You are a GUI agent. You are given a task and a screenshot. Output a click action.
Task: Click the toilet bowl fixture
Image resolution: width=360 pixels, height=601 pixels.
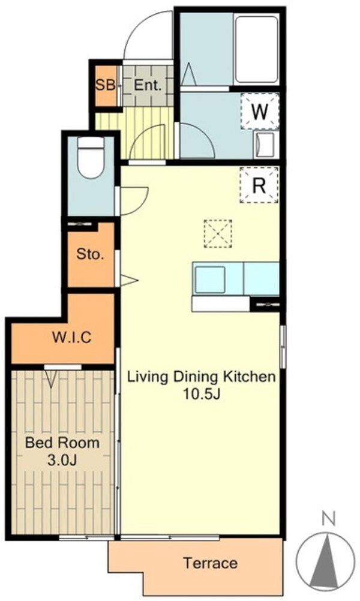coord(91,157)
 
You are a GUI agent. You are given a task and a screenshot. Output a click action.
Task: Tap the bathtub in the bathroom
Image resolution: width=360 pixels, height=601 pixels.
coord(256,49)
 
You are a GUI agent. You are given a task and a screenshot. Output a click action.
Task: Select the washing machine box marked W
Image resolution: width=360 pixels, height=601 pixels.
coord(260,111)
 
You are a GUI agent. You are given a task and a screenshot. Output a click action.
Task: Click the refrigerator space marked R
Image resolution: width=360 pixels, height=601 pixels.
coord(259,185)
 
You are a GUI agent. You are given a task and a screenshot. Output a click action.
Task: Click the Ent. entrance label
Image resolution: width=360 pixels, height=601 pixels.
coord(148,86)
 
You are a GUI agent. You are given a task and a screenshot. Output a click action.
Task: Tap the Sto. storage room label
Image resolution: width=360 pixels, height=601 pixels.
coord(90,254)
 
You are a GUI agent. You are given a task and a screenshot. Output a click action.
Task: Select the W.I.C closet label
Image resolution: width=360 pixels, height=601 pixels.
coord(71,337)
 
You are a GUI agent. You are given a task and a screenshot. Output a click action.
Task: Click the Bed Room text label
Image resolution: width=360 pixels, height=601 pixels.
coord(62,443)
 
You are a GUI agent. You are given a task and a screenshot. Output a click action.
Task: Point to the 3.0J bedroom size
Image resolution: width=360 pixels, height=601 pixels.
coord(62,460)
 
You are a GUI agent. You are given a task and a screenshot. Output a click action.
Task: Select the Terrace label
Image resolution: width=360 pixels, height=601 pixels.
coord(211,563)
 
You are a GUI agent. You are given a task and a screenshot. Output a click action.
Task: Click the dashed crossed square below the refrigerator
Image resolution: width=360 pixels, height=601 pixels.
coord(218,233)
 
